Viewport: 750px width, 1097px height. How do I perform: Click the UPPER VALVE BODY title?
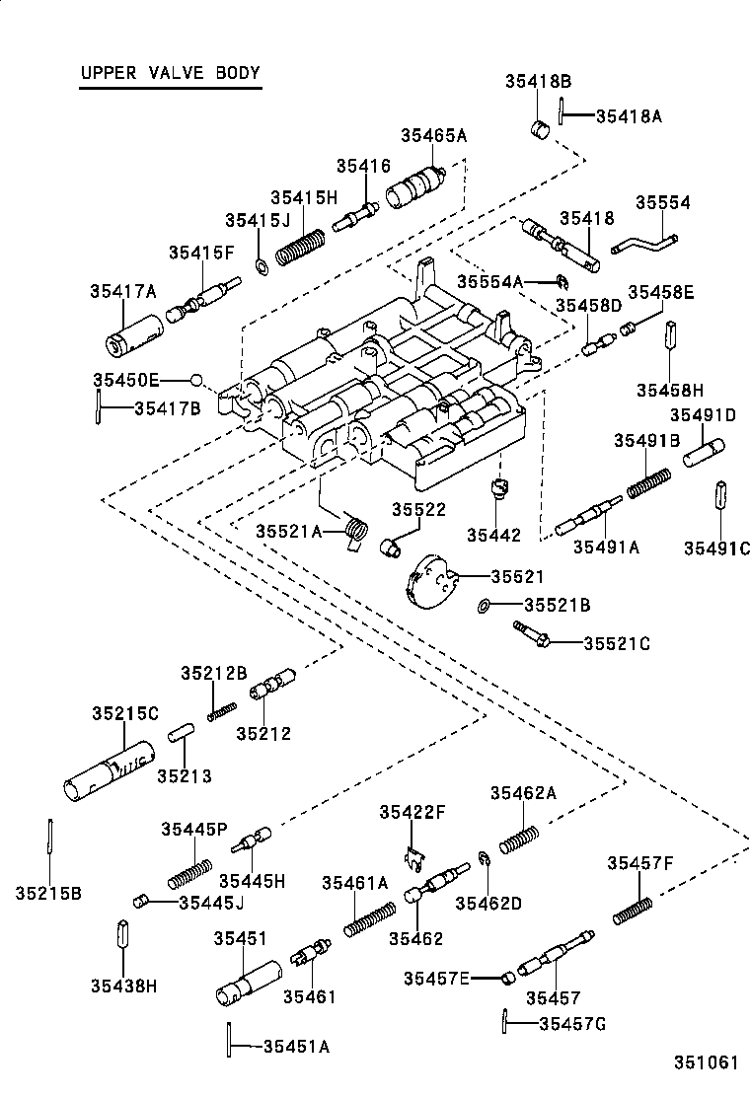tap(170, 73)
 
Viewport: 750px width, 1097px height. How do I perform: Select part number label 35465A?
tap(433, 136)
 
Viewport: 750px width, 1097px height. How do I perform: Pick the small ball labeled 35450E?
tap(196, 380)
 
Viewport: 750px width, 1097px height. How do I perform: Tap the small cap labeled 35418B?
tap(540, 128)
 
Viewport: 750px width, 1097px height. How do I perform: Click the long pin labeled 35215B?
tap(48, 841)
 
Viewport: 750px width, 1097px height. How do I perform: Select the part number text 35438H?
tap(124, 985)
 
